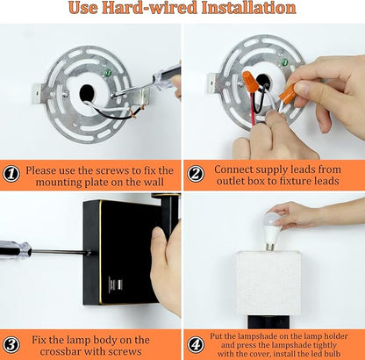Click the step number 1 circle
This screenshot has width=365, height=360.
(x=11, y=175)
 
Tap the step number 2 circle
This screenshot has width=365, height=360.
(x=196, y=174)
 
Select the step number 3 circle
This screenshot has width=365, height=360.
(x=11, y=344)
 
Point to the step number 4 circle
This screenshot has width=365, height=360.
(x=196, y=344)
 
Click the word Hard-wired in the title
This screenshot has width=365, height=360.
(x=149, y=8)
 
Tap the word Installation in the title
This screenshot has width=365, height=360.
(x=249, y=8)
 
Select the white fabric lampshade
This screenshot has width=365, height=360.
(x=268, y=283)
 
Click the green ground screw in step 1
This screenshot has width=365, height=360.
(x=108, y=72)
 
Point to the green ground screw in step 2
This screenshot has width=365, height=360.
(x=284, y=62)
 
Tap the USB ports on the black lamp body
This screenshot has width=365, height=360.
(x=112, y=284)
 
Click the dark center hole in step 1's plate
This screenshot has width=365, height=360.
(x=87, y=93)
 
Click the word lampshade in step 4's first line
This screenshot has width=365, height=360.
(x=266, y=336)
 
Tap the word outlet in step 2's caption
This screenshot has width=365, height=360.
(x=230, y=181)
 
